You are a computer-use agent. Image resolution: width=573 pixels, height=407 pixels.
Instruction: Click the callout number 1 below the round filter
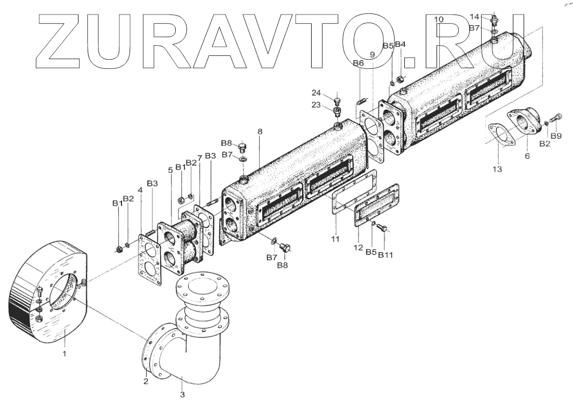click(65, 354)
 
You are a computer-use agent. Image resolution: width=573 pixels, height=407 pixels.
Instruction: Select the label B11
click(385, 254)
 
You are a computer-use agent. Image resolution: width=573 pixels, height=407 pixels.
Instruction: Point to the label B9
click(556, 136)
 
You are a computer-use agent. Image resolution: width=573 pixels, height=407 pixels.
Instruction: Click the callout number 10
click(439, 19)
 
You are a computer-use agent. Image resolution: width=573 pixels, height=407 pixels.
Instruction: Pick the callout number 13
click(497, 169)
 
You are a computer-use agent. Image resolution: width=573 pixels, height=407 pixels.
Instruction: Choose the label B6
click(359, 63)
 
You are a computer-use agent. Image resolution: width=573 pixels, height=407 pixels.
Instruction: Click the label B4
click(400, 44)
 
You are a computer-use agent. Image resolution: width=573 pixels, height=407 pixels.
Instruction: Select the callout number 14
click(474, 17)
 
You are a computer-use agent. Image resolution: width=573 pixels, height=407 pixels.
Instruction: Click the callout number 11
click(335, 238)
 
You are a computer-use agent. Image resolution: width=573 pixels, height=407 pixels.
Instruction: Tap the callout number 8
click(260, 131)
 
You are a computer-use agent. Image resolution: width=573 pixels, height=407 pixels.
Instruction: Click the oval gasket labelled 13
click(500, 135)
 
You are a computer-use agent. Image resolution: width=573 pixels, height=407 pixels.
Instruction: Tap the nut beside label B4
click(400, 80)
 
